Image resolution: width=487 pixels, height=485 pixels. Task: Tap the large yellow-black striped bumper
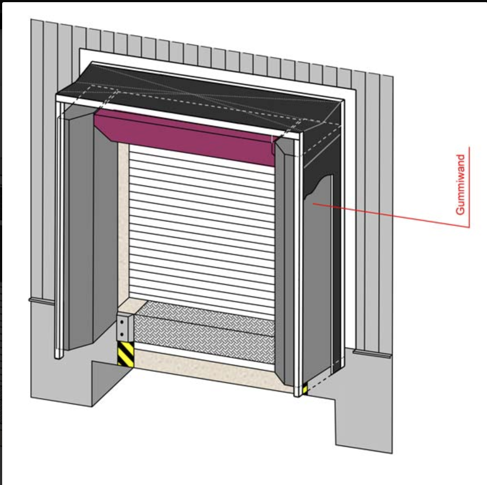pyautogui.click(x=126, y=354)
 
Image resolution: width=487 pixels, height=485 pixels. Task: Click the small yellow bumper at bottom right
pyautogui.click(x=305, y=389)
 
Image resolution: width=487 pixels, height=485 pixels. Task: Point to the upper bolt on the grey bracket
pyautogui.click(x=121, y=322)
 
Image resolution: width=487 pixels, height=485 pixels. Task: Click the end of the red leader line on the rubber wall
pyautogui.click(x=313, y=204)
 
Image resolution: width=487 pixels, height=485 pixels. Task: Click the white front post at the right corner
pyautogui.click(x=298, y=265)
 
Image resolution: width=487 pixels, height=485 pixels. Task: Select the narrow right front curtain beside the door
pyautogui.click(x=284, y=261)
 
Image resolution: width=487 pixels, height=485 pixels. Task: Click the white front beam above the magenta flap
pyautogui.click(x=179, y=115)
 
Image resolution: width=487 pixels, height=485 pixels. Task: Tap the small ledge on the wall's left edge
pyautogui.click(x=42, y=301)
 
